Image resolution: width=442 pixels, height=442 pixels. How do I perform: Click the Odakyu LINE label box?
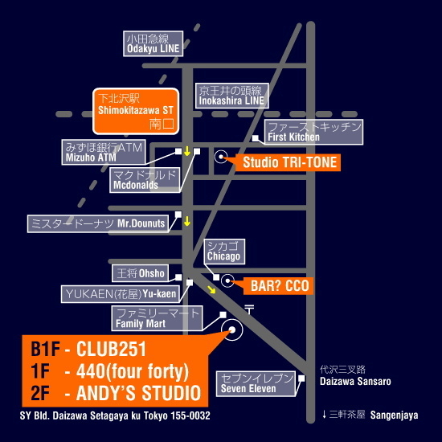153,43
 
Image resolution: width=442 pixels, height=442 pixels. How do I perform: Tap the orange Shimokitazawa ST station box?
136,111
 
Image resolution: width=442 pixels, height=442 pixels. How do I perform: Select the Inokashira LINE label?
231,96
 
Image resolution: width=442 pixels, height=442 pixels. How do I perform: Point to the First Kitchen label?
313,132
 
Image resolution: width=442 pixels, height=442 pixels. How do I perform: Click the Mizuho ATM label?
104,152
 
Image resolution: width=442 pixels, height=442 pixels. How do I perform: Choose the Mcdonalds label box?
145,180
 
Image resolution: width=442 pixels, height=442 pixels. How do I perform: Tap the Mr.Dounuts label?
98,223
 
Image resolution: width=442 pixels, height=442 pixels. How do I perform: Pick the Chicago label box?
224,252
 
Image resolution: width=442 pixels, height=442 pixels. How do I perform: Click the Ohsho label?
140,273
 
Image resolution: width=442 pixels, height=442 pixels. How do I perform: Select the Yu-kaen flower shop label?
120,294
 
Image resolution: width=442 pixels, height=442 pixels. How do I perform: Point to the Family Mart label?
157,318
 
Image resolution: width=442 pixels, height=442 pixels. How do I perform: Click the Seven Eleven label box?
256,383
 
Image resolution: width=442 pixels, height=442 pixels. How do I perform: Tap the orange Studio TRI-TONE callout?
288,162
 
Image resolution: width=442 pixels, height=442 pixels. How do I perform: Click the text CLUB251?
112,349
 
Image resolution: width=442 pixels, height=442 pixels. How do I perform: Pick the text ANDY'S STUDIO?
139,393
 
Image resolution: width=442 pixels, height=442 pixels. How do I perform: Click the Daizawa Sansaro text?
355,382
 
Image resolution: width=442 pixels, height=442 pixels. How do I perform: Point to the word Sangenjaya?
394,415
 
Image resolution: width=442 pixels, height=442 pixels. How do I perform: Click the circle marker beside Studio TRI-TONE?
221,157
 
